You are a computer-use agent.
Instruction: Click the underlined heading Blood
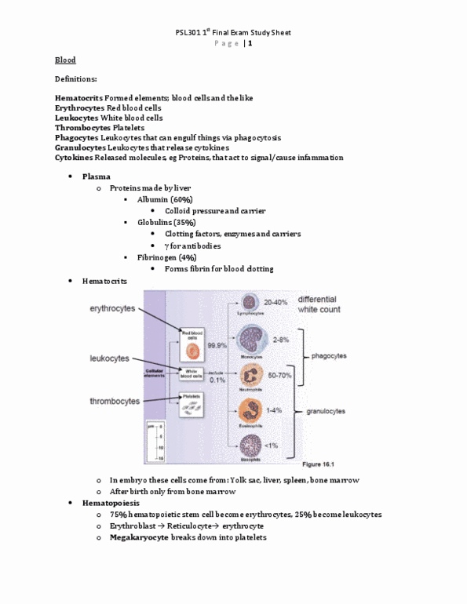click(x=65, y=60)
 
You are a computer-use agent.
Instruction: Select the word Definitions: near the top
click(x=76, y=79)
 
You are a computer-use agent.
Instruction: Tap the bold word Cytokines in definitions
click(x=75, y=157)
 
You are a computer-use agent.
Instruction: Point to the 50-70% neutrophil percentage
click(x=281, y=377)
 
